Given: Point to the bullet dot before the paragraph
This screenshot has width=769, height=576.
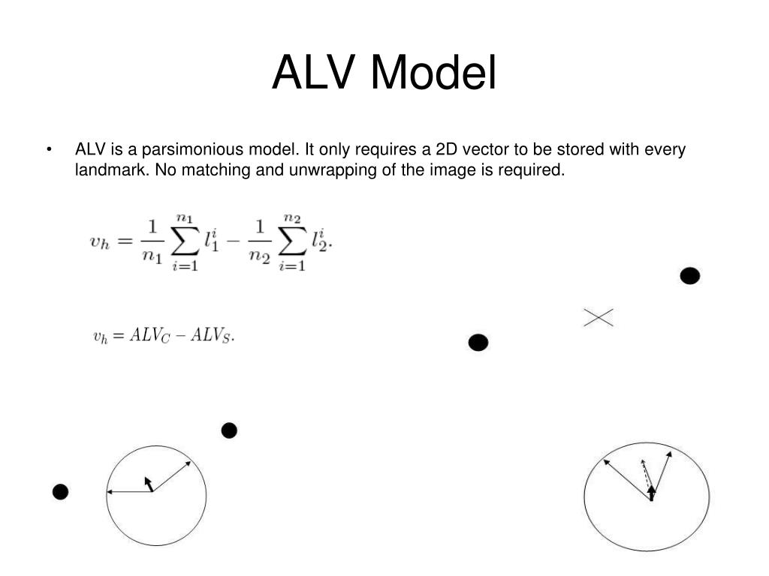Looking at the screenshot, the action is pos(49,150).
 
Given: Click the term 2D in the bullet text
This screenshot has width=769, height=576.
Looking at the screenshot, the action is pos(451,149).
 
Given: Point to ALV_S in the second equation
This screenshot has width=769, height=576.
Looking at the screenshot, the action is pos(211,336).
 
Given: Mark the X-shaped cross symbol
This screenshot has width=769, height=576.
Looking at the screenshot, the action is pos(599,318).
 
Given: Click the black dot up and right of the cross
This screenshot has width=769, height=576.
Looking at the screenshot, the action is pos(689,276).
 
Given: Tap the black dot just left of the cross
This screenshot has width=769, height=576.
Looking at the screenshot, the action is pos(478,343).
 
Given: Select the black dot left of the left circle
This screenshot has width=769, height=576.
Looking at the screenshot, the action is pos(60,492).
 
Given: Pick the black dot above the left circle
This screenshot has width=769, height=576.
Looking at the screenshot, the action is pos(229,430).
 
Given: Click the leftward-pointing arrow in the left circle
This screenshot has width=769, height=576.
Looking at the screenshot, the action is pos(129,492).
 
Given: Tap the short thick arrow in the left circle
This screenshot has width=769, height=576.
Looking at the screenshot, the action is pos(149,484).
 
